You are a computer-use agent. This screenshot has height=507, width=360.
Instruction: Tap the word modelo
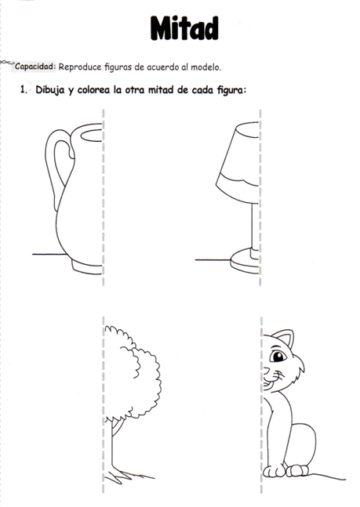215,67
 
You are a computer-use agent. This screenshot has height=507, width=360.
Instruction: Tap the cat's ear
285,339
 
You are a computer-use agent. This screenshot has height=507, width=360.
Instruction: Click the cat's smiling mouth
271,384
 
